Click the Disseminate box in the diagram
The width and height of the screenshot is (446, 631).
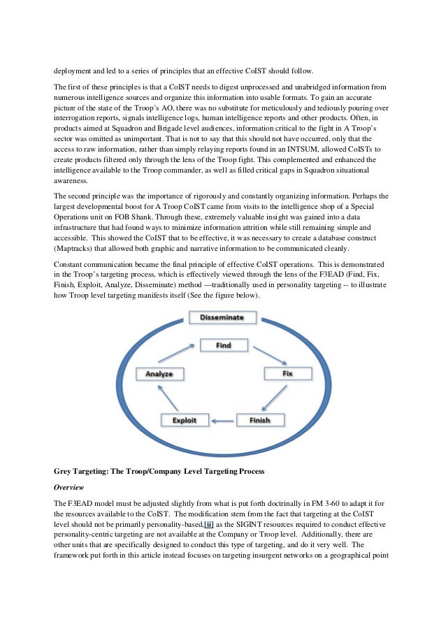[x=222, y=317]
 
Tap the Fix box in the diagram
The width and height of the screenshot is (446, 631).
[x=287, y=374]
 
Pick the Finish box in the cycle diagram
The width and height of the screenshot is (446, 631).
[x=260, y=421]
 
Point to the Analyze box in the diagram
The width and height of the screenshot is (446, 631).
[x=159, y=374]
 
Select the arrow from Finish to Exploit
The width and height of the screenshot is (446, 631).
[x=222, y=421]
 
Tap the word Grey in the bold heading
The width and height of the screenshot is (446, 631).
[x=64, y=472]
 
